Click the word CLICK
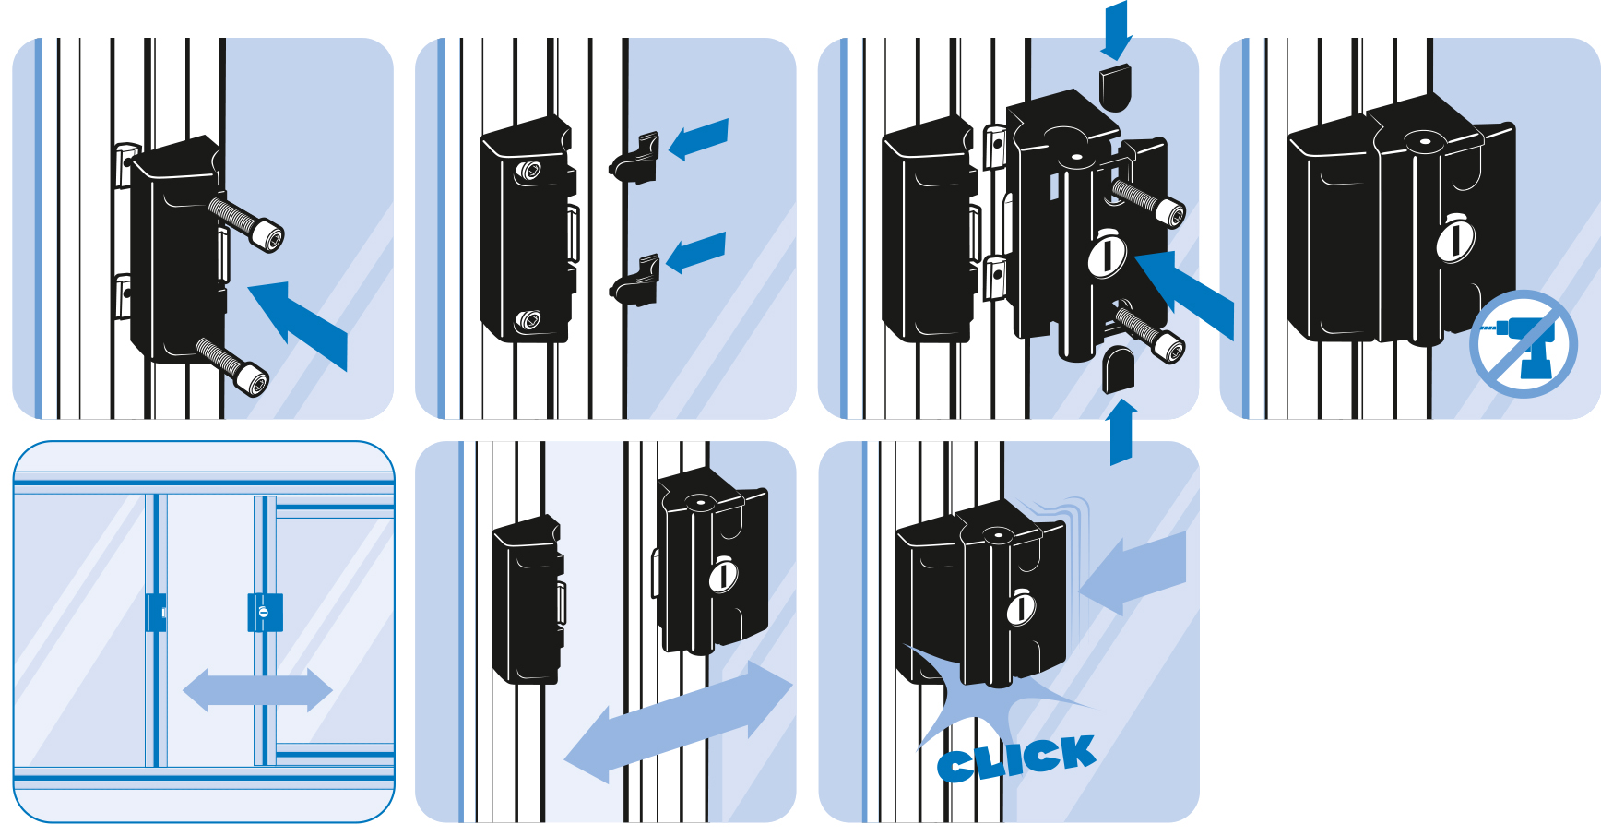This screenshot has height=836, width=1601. click(x=1016, y=758)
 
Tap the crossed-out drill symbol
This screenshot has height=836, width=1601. click(x=1523, y=344)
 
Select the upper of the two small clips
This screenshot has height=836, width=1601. click(x=634, y=157)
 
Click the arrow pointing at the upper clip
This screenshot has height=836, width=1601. click(x=698, y=138)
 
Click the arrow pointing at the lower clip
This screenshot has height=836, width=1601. click(x=695, y=253)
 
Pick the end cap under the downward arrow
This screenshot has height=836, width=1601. click(x=1116, y=87)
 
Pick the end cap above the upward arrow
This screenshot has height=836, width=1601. click(x=1120, y=369)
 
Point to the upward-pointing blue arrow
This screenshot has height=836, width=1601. click(x=1121, y=432)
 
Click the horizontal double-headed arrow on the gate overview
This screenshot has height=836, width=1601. click(x=257, y=689)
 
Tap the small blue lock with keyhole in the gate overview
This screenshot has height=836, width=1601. click(x=265, y=612)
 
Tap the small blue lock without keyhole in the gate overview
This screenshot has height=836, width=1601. click(x=156, y=613)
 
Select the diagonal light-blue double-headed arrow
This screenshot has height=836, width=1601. click(x=678, y=721)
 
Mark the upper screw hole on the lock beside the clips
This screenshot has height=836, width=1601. click(x=528, y=171)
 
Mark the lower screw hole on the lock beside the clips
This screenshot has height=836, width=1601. click(x=528, y=321)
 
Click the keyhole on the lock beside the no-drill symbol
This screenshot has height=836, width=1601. click(x=1455, y=239)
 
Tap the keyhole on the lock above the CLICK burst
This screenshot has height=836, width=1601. click(x=1021, y=607)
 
